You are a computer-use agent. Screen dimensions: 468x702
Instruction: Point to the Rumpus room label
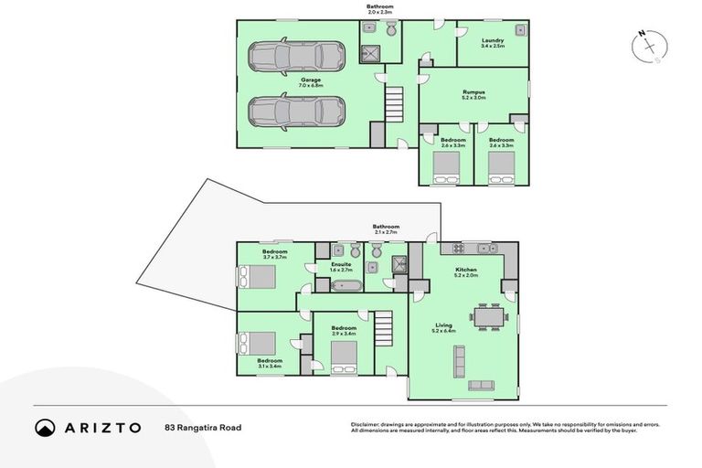point(473,94)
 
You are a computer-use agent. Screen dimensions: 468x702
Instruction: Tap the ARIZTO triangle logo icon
point(45,427)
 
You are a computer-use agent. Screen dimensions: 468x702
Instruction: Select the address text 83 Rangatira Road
point(203,427)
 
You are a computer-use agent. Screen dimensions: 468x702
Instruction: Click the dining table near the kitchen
point(489,317)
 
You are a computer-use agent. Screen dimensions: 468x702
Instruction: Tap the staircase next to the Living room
point(381,327)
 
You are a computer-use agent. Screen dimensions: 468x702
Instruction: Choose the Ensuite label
point(341,267)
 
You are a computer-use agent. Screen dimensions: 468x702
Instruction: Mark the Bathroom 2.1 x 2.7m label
point(385,229)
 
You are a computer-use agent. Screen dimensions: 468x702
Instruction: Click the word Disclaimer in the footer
point(367,424)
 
